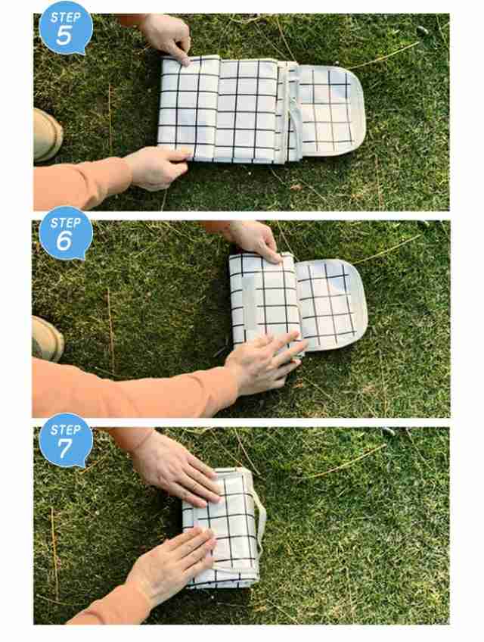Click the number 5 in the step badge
tap(64, 36)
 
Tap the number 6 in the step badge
tap(64, 241)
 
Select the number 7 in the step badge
tap(65, 448)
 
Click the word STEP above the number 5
tap(66, 17)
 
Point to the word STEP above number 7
tap(66, 429)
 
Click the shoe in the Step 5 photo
tap(48, 134)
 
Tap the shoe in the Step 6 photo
tap(48, 339)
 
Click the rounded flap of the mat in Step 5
tap(330, 110)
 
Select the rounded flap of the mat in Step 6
tap(331, 305)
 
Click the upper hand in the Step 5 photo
tap(168, 37)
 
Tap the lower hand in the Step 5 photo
tap(157, 168)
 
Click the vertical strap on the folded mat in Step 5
tap(292, 111)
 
